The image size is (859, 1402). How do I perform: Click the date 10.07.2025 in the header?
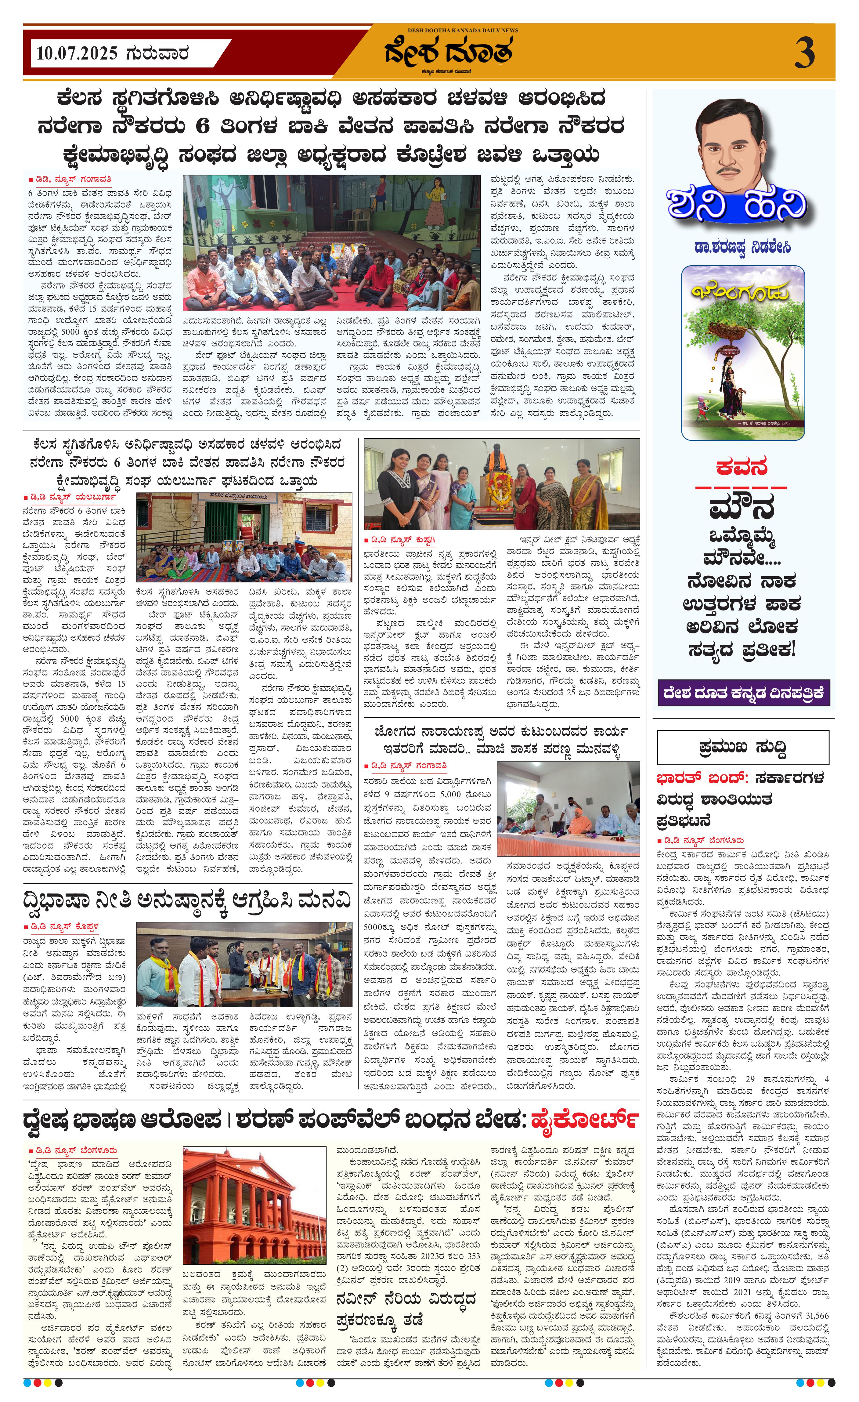point(77,54)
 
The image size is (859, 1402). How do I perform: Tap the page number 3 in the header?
point(804,54)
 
